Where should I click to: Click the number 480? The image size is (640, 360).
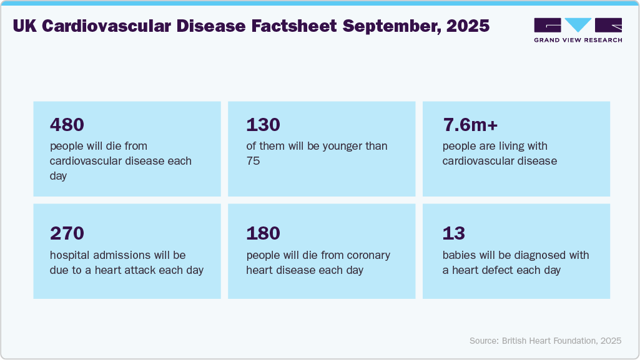[x=67, y=125]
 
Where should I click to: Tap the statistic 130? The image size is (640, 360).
[x=263, y=125]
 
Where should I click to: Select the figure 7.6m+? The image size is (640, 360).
[x=470, y=125]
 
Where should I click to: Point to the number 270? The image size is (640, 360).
[x=67, y=233]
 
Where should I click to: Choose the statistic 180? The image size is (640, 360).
[x=263, y=233]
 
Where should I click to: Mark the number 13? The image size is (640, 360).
[x=454, y=233]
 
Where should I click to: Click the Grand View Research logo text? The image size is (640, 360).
[x=578, y=40]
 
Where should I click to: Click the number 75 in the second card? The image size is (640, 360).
[x=253, y=161]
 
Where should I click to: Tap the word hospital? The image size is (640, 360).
[x=71, y=256]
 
